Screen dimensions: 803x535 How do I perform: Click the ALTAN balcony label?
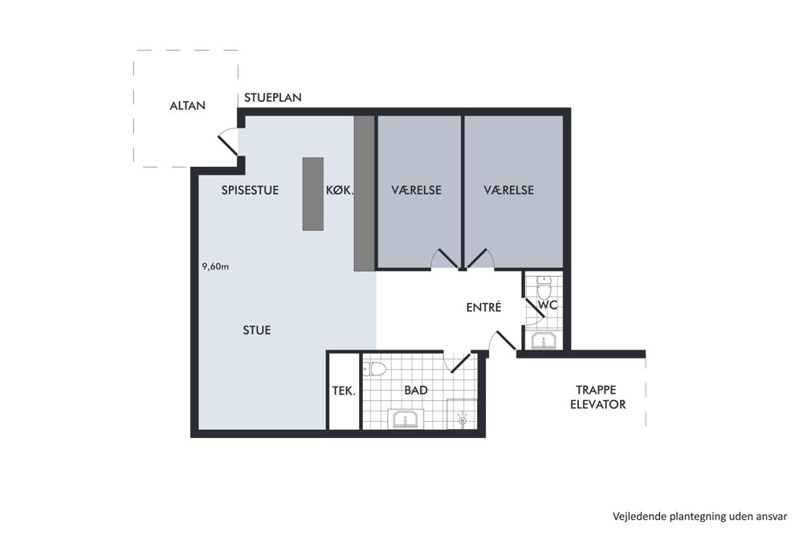tap(187, 106)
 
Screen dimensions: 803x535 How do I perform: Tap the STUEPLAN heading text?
tap(272, 98)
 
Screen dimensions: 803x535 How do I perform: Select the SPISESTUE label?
tap(250, 190)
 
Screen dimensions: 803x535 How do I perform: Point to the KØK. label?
tap(340, 190)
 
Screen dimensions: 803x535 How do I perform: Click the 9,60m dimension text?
tap(215, 266)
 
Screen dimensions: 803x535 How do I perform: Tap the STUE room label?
tap(257, 330)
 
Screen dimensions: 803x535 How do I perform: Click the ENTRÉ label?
tap(483, 307)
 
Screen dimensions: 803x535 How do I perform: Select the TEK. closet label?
tap(344, 391)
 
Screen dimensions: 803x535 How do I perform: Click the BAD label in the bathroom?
tap(416, 391)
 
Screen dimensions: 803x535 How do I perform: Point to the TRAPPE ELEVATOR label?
tap(597, 397)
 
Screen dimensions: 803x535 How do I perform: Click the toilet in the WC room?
tap(544, 288)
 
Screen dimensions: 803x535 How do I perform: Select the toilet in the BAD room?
tap(374, 369)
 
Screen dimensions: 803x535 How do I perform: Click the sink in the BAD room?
tap(405, 419)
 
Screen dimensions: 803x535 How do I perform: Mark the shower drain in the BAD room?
tap(462, 420)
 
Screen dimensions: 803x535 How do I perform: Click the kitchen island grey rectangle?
tap(313, 194)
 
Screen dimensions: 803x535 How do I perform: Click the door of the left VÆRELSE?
tap(444, 258)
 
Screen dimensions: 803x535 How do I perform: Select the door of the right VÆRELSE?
tap(480, 258)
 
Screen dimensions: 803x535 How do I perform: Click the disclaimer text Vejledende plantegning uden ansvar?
tap(699, 517)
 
